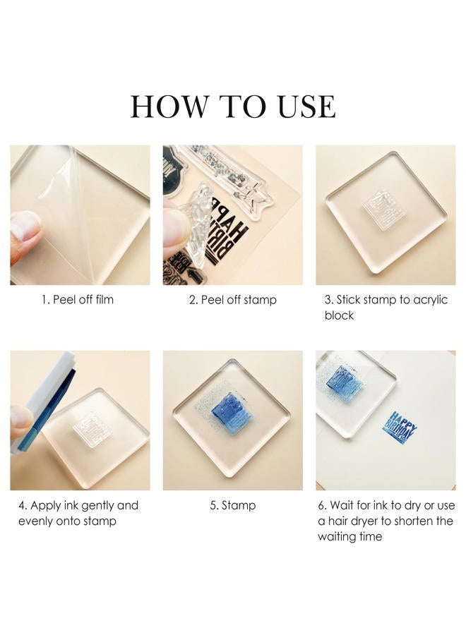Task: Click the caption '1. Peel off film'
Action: coord(78,300)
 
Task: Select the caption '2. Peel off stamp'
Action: coord(232,300)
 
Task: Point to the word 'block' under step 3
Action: coord(339,315)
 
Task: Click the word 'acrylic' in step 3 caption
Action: coord(430,300)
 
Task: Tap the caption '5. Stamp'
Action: coord(232,505)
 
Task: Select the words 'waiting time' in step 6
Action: coord(349,537)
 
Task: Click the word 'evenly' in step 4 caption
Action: coord(35,521)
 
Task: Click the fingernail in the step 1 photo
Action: coord(24,225)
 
